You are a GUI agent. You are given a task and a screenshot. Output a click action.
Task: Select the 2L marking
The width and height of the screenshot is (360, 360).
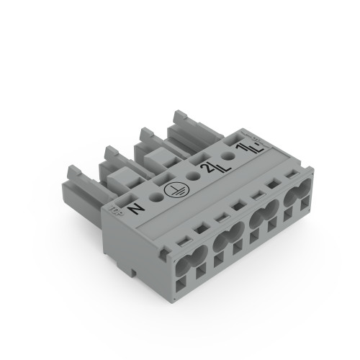(207, 168)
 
